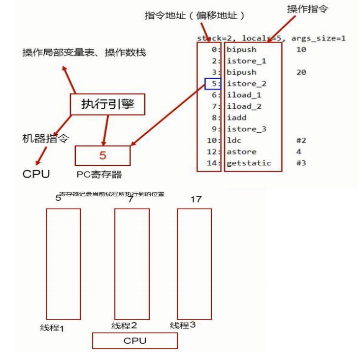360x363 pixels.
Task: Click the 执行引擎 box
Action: (x=108, y=104)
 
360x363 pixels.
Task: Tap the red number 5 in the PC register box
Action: (x=102, y=155)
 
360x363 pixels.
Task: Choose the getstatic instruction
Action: (x=249, y=163)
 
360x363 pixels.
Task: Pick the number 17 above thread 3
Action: (x=196, y=200)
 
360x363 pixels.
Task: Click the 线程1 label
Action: (x=52, y=328)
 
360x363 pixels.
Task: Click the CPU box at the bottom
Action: (x=134, y=341)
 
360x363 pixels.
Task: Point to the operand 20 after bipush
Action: (x=302, y=72)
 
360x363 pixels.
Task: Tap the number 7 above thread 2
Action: (x=130, y=200)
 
